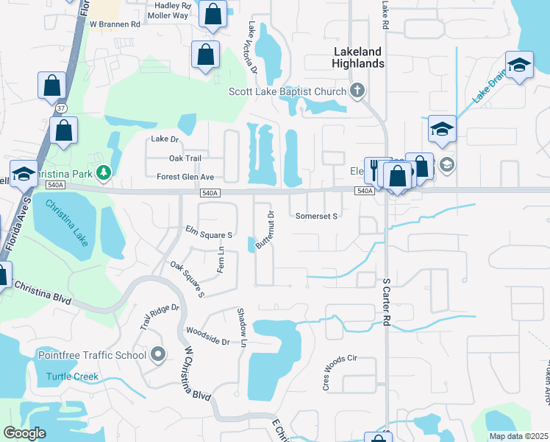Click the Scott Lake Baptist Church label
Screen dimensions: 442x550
click(287, 91)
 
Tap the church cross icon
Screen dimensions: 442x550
click(357, 91)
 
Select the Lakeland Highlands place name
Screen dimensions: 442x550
click(359, 57)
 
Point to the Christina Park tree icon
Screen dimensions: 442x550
click(104, 172)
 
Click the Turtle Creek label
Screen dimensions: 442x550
click(72, 376)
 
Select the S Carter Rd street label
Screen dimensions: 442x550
click(385, 302)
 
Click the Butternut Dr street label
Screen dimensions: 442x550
click(265, 229)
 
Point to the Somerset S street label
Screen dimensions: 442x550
click(316, 217)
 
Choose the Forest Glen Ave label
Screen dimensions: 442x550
click(185, 177)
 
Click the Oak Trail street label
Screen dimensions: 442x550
click(185, 158)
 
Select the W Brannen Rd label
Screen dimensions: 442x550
click(115, 24)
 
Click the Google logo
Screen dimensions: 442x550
click(24, 433)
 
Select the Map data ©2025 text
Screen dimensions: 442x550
click(518, 436)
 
